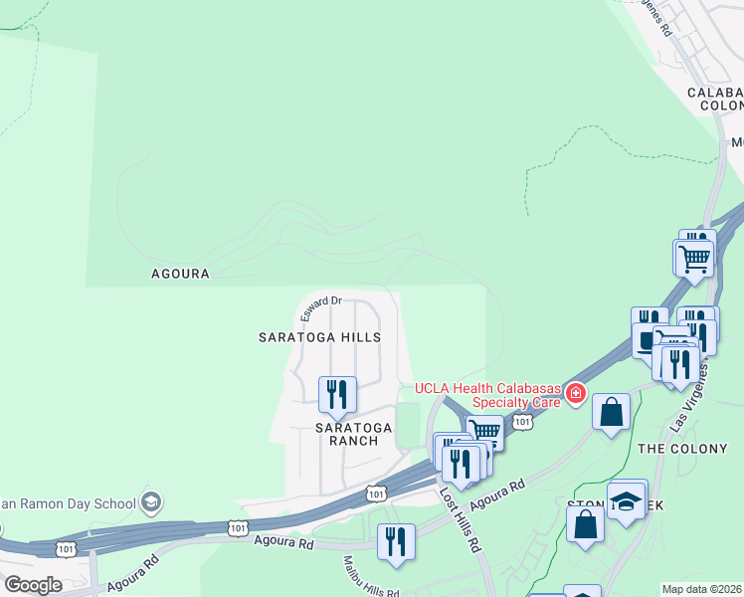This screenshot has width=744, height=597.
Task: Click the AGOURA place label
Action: [x=180, y=273]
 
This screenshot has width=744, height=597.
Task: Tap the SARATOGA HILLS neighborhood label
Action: [x=319, y=337]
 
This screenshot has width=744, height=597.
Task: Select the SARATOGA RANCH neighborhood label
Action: [x=353, y=434]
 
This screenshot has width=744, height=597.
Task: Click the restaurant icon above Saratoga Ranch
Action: [x=337, y=393]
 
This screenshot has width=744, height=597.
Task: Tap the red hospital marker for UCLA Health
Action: [x=575, y=394]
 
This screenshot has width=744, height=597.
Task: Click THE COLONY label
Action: [x=682, y=449]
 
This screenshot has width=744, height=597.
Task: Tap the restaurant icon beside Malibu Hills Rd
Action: [x=396, y=543]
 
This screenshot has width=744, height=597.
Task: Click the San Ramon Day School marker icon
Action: [x=151, y=502]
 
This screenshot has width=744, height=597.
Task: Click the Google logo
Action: [x=32, y=585]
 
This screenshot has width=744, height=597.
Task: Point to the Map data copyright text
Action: [x=701, y=589]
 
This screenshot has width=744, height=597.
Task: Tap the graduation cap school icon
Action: [x=627, y=501]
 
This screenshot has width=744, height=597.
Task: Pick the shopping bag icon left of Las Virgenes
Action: [x=611, y=410]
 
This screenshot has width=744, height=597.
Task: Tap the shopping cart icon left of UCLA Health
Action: [x=484, y=431]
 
